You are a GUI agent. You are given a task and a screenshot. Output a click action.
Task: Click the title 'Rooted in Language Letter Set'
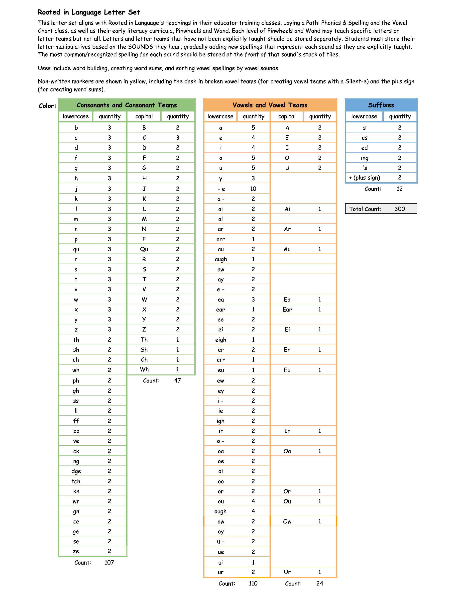[89, 12]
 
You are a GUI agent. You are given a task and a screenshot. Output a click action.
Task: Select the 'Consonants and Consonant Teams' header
[126, 105]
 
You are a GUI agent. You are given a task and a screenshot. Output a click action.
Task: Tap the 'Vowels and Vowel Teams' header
[270, 105]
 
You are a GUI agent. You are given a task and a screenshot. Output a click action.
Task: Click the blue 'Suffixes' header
[381, 105]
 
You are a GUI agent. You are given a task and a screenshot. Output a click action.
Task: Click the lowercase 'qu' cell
[76, 249]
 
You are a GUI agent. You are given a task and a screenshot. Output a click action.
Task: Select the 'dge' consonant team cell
[76, 471]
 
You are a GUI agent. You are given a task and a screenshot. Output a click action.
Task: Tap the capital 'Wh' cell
[144, 370]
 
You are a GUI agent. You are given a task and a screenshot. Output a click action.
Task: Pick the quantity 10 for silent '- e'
[253, 189]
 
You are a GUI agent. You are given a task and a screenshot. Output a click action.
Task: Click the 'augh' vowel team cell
[221, 259]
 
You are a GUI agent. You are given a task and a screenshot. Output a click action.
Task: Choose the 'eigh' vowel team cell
[221, 339]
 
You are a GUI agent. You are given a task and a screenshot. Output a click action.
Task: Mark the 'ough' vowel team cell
[221, 511]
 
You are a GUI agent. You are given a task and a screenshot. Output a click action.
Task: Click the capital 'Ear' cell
[287, 309]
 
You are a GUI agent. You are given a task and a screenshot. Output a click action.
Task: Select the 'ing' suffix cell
[364, 158]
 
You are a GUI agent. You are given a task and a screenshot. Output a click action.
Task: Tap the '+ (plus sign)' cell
[364, 178]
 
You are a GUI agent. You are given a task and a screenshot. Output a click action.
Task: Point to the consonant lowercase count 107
[109, 563]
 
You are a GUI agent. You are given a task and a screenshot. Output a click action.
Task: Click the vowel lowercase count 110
[253, 583]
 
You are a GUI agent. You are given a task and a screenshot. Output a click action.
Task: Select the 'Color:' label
[47, 106]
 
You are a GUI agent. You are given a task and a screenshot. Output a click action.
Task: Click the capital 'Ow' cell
[287, 521]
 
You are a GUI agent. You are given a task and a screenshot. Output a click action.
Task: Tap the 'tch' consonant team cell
[76, 481]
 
